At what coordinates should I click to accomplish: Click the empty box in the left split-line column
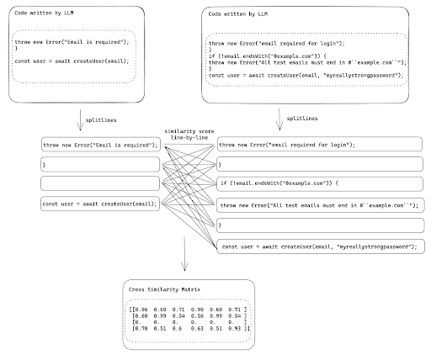99,183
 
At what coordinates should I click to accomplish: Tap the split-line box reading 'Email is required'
99,144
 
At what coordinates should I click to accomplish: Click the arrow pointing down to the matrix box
184,252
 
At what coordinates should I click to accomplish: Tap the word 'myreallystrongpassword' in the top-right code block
368,74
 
